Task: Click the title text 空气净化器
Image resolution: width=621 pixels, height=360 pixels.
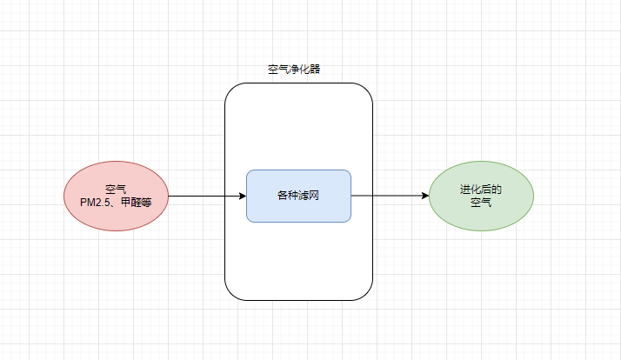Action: tap(294, 70)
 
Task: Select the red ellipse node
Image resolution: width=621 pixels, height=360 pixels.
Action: tap(116, 196)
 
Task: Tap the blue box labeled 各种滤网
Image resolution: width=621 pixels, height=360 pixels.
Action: tap(298, 196)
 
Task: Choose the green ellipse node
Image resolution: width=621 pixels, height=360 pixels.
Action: tap(481, 196)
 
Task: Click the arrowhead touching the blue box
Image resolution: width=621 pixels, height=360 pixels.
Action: tap(243, 196)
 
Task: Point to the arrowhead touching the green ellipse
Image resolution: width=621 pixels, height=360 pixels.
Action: tap(425, 196)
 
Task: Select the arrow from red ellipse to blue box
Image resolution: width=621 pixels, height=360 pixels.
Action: tap(208, 196)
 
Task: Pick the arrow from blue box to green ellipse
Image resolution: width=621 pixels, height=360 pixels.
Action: tap(391, 196)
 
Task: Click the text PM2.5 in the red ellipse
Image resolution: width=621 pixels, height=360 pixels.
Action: tap(95, 203)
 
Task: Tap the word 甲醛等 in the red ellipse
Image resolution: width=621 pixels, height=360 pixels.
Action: tap(136, 203)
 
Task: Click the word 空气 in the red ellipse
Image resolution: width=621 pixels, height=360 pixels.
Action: tap(116, 190)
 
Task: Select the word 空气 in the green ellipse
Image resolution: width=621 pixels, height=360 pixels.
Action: tap(481, 203)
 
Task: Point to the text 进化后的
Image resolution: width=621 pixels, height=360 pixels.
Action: tap(481, 190)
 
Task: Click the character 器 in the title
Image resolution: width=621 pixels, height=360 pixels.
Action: tap(315, 70)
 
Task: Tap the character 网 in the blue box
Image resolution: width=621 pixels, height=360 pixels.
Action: tap(314, 196)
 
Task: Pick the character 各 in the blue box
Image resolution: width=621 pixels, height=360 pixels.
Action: tap(283, 196)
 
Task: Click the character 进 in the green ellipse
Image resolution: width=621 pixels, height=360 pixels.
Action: tap(465, 190)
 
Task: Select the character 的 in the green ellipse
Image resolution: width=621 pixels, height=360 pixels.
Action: tap(497, 190)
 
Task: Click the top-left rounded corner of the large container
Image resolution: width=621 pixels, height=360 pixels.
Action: tap(230, 89)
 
